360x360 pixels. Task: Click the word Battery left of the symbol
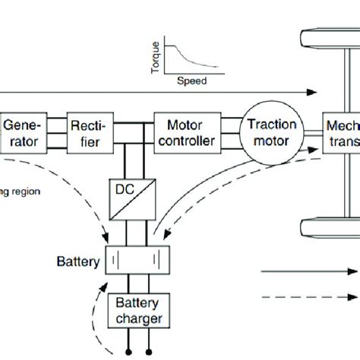point(80,263)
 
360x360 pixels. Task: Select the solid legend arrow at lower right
point(308,271)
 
